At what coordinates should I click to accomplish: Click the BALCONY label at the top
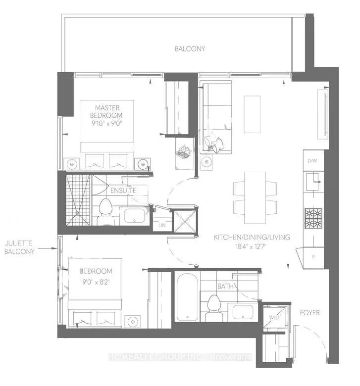tap(190, 48)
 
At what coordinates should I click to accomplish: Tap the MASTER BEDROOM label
tap(106, 111)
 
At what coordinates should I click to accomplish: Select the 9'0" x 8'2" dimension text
tap(96, 282)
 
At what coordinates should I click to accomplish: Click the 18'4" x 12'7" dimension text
tap(251, 246)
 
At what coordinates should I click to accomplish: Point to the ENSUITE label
tap(123, 191)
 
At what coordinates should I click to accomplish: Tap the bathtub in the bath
tap(187, 297)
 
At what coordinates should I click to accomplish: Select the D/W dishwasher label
tap(312, 161)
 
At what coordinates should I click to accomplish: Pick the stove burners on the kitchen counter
tap(313, 218)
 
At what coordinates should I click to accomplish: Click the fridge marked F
tap(313, 257)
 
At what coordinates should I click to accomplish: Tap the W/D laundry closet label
tap(274, 318)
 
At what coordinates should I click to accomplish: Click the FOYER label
tap(309, 313)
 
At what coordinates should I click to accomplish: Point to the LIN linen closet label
tap(162, 225)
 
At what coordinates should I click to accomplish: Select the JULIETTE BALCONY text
tap(19, 247)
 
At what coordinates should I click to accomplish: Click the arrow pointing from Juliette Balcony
tap(48, 248)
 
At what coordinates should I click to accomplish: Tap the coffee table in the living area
tap(252, 114)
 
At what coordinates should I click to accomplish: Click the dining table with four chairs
tap(255, 197)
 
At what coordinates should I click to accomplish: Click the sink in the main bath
tap(243, 312)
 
